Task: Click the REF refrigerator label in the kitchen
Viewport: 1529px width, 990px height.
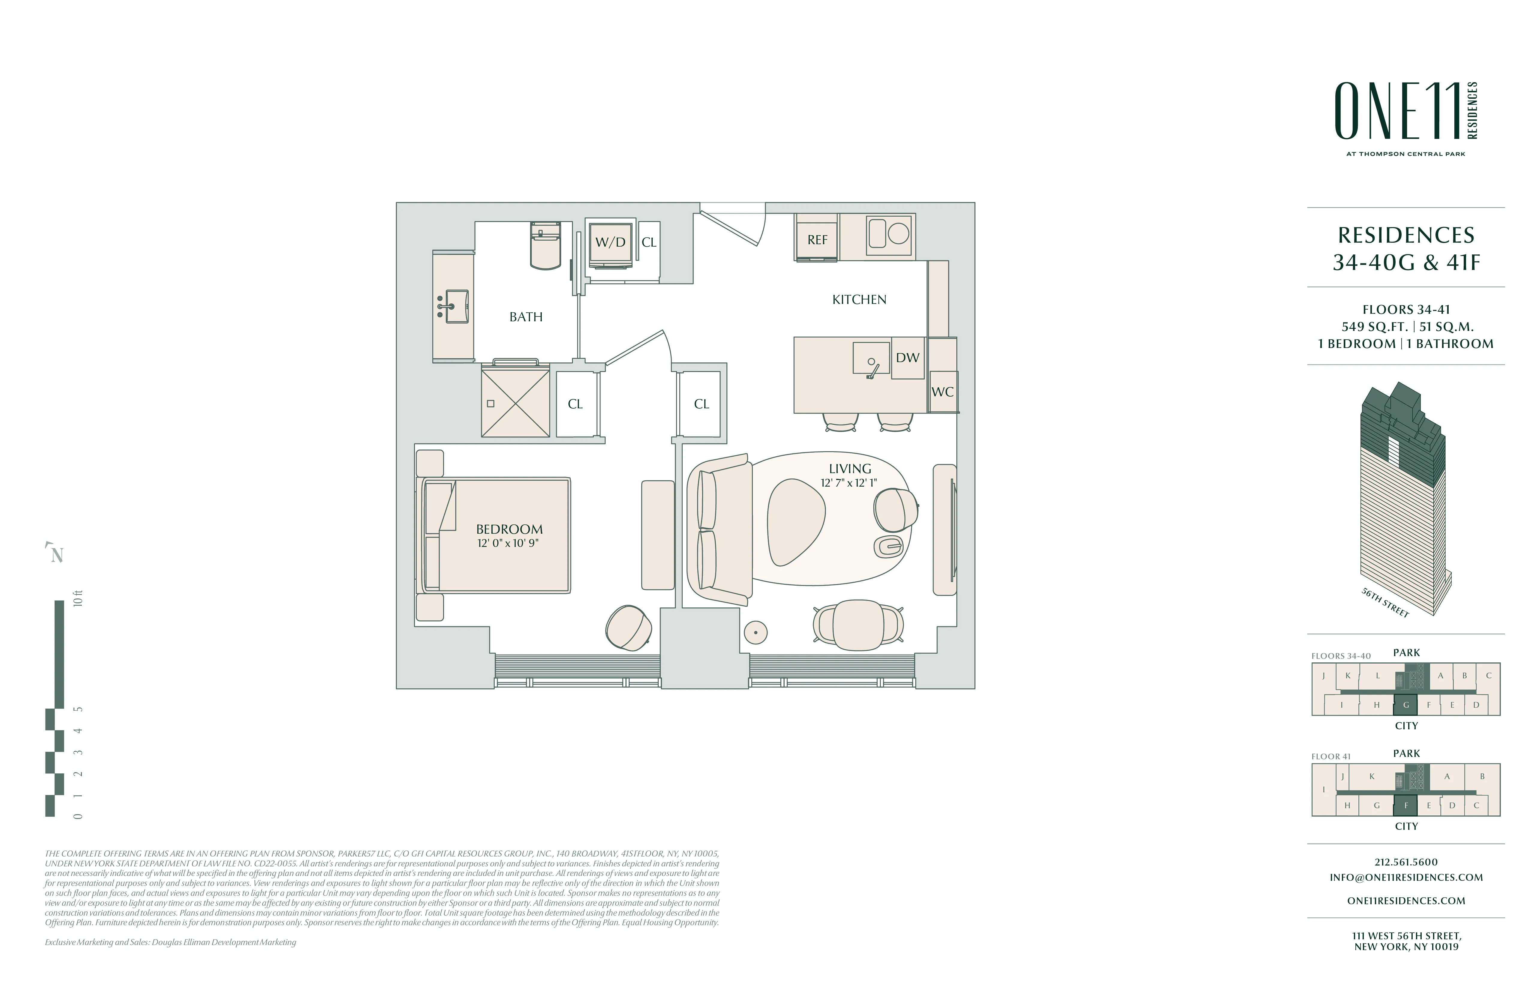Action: [x=817, y=240]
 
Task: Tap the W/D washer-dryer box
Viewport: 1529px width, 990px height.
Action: [x=610, y=242]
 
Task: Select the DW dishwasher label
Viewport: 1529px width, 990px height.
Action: [x=907, y=358]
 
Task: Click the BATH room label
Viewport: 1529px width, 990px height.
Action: [x=526, y=317]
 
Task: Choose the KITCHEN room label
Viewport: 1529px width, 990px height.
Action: [x=859, y=300]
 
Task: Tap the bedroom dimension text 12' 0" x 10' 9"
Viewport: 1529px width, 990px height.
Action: [x=508, y=543]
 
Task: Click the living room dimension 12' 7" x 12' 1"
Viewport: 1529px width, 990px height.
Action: [x=849, y=483]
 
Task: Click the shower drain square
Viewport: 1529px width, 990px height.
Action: [x=491, y=404]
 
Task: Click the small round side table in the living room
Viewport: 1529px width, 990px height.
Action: [x=756, y=633]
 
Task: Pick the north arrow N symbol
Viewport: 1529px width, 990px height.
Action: [x=57, y=554]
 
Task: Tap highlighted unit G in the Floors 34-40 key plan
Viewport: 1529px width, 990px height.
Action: [x=1406, y=705]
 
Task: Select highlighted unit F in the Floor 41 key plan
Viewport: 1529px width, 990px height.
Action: [x=1406, y=805]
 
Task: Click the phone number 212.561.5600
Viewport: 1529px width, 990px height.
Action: [x=1406, y=862]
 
